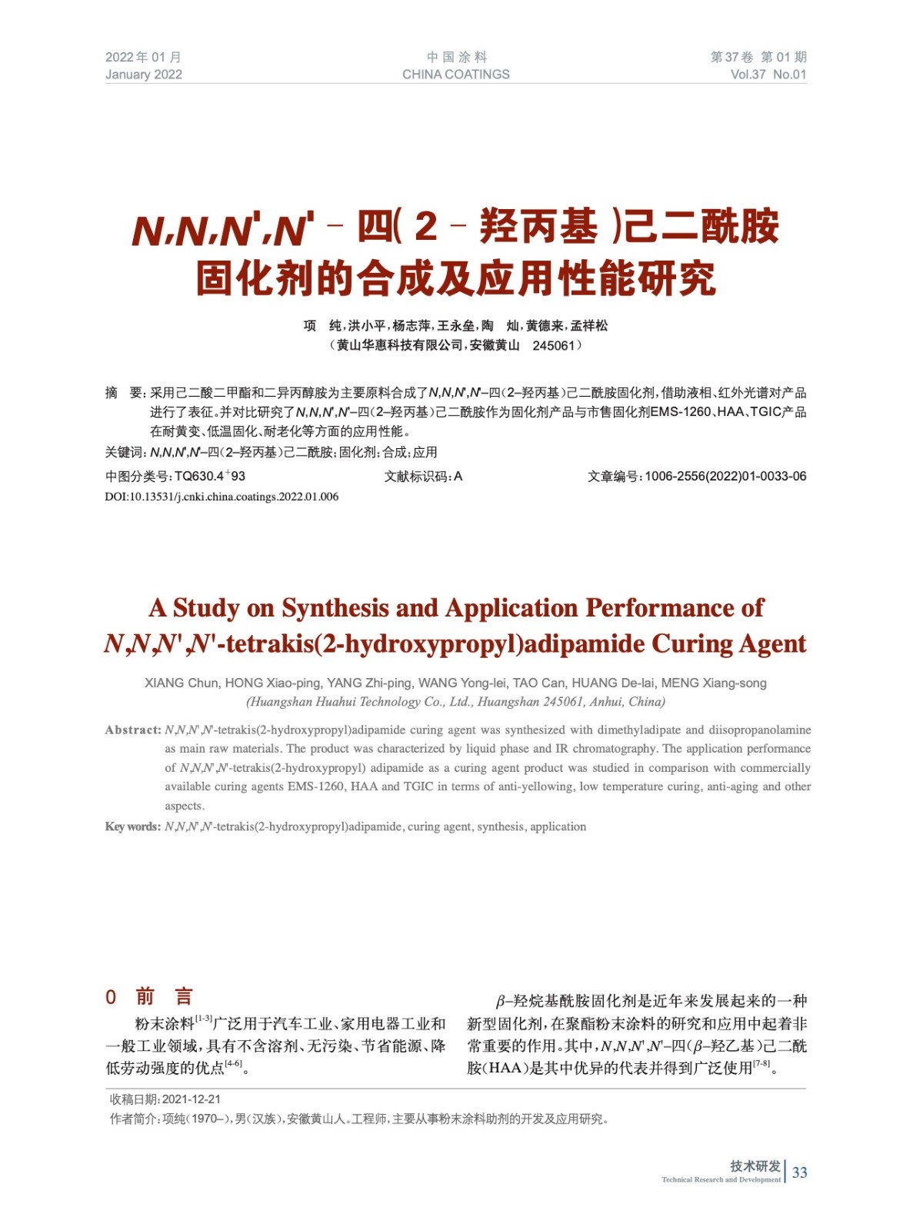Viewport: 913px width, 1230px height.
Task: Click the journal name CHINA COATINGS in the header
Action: pyautogui.click(x=455, y=75)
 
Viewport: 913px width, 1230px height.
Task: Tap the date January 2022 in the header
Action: pyautogui.click(x=144, y=75)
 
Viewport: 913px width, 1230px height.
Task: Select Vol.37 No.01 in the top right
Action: pyautogui.click(x=768, y=75)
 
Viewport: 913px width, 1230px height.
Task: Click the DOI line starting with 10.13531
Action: pyautogui.click(x=222, y=497)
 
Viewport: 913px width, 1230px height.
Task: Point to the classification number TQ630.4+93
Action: pyautogui.click(x=209, y=477)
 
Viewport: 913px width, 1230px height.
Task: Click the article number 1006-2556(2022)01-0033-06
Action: pyautogui.click(x=725, y=477)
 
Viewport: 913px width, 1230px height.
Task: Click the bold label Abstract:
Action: pyautogui.click(x=133, y=730)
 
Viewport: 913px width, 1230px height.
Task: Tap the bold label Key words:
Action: pyautogui.click(x=133, y=826)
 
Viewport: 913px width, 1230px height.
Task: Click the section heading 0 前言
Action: pyautogui.click(x=149, y=997)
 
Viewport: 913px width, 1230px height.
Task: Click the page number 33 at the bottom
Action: pyautogui.click(x=799, y=1172)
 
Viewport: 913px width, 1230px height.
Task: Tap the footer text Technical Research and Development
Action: pyautogui.click(x=721, y=1179)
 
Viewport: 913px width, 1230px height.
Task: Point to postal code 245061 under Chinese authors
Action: pyautogui.click(x=553, y=346)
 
